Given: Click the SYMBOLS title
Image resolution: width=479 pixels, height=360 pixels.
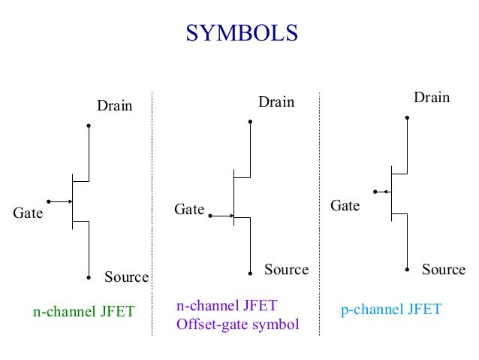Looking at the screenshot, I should pyautogui.click(x=242, y=34).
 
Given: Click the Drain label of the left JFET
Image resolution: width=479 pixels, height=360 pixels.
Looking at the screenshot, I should pyautogui.click(x=115, y=106).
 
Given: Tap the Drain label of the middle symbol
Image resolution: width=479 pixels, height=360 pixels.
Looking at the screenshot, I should pyautogui.click(x=277, y=101).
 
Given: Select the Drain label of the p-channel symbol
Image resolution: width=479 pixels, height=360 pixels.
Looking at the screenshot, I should pyautogui.click(x=432, y=97).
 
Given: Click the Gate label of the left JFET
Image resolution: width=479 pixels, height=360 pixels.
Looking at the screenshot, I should pyautogui.click(x=29, y=213).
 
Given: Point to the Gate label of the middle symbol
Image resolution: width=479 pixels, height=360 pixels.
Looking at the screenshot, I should pyautogui.click(x=189, y=210).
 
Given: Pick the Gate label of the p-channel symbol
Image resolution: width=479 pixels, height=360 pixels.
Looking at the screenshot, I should pyautogui.click(x=346, y=205).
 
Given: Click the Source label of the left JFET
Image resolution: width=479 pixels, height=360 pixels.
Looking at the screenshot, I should pyautogui.click(x=126, y=277).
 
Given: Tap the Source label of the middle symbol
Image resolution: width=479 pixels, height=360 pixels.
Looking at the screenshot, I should pyautogui.click(x=286, y=269).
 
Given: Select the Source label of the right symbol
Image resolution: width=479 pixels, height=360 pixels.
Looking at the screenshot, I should pyautogui.click(x=444, y=269).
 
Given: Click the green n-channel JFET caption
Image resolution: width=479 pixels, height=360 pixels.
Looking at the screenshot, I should pyautogui.click(x=83, y=311).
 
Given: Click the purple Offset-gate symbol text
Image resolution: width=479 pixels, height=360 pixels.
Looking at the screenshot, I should pyautogui.click(x=237, y=325).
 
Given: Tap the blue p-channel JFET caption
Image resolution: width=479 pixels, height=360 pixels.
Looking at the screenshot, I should pyautogui.click(x=391, y=310).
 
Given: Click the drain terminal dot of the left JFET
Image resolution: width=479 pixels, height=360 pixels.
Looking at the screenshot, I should pyautogui.click(x=89, y=126).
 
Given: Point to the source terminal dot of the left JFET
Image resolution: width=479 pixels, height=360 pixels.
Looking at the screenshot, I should pyautogui.click(x=89, y=277).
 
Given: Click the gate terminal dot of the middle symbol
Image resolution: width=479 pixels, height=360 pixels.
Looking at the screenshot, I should pyautogui.click(x=210, y=216).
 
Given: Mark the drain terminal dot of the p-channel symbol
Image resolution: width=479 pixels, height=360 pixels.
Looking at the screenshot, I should pyautogui.click(x=407, y=117).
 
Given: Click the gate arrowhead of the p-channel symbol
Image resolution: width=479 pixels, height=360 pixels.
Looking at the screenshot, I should pyautogui.click(x=384, y=192).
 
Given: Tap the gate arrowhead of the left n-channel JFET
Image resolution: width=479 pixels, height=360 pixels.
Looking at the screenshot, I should pyautogui.click(x=69, y=201).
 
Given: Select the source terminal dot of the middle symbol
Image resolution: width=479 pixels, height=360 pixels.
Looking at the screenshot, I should pyautogui.click(x=251, y=273).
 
